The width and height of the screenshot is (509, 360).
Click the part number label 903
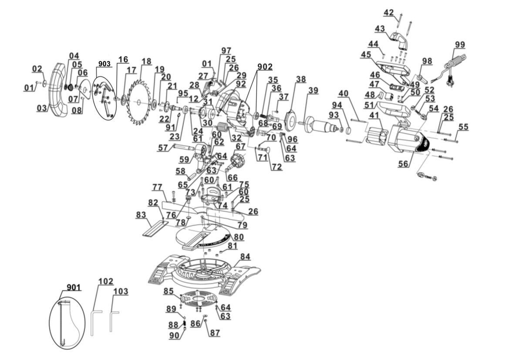(104, 64)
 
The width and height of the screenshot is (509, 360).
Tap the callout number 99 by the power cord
(459, 45)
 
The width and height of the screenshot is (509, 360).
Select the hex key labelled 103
(114, 320)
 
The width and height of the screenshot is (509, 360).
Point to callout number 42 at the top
(388, 12)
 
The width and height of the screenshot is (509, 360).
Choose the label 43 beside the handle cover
(380, 28)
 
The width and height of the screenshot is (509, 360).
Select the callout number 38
(300, 79)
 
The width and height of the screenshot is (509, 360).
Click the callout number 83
(141, 214)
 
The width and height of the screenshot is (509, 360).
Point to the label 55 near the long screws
(463, 127)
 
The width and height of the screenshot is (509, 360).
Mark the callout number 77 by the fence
(157, 187)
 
